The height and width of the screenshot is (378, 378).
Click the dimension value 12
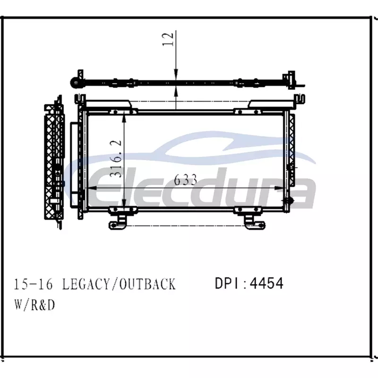[x=168, y=39]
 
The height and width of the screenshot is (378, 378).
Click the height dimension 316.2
[x=116, y=159]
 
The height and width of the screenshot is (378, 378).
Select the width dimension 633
[x=185, y=180]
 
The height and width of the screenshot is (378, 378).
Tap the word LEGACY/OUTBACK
[x=119, y=284]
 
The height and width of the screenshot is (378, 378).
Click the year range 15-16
[x=33, y=284]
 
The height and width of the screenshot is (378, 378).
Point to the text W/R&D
[x=34, y=305]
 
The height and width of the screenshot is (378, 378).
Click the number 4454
[x=266, y=283]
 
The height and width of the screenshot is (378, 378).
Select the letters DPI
[x=229, y=283]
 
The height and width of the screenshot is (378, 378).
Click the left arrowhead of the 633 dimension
[x=92, y=188]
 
